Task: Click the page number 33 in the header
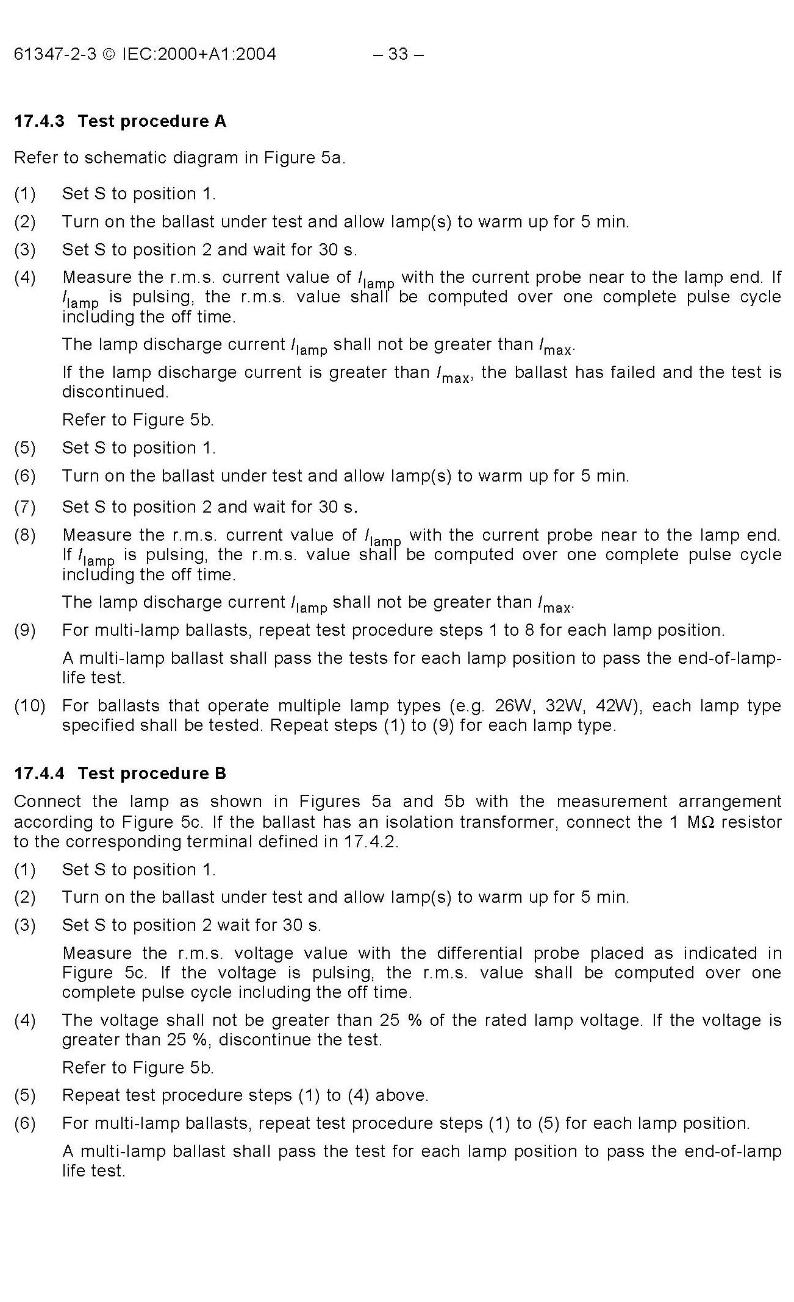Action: pyautogui.click(x=398, y=54)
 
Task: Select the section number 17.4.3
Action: pyautogui.click(x=39, y=121)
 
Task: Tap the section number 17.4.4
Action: pyautogui.click(x=39, y=774)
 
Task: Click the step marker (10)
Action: pyautogui.click(x=30, y=706)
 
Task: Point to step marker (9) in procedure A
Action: pyautogui.click(x=25, y=630)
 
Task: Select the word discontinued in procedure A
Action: pyautogui.click(x=115, y=392)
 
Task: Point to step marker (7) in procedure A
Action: pyautogui.click(x=25, y=507)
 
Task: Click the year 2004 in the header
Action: pyautogui.click(x=256, y=54)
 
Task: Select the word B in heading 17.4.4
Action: pyautogui.click(x=220, y=774)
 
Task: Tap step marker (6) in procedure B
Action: pyautogui.click(x=25, y=1123)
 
